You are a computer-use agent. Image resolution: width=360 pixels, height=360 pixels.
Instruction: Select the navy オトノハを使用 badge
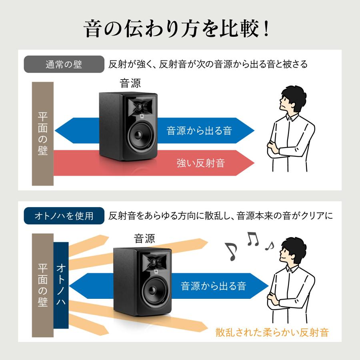pos(64,216)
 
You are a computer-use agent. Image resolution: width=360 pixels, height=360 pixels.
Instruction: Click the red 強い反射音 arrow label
pos(200,163)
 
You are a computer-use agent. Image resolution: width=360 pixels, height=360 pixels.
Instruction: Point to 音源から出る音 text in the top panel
pos(199,130)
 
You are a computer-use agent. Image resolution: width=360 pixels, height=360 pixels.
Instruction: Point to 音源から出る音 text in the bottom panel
pos(213,286)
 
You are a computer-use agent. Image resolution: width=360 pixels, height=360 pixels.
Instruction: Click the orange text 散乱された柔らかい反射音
pos(272,332)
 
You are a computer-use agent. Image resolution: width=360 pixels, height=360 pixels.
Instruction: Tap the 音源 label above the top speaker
pos(130,83)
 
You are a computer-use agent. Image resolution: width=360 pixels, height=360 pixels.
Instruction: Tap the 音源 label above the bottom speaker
pos(144,239)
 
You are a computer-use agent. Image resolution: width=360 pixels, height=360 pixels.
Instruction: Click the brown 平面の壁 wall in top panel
pos(42,134)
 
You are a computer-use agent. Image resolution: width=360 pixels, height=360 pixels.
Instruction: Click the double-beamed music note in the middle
pos(253,239)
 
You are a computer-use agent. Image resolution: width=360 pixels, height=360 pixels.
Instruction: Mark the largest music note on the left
pos(231,251)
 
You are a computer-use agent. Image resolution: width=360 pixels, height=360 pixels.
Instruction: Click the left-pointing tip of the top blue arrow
pos(56,130)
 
